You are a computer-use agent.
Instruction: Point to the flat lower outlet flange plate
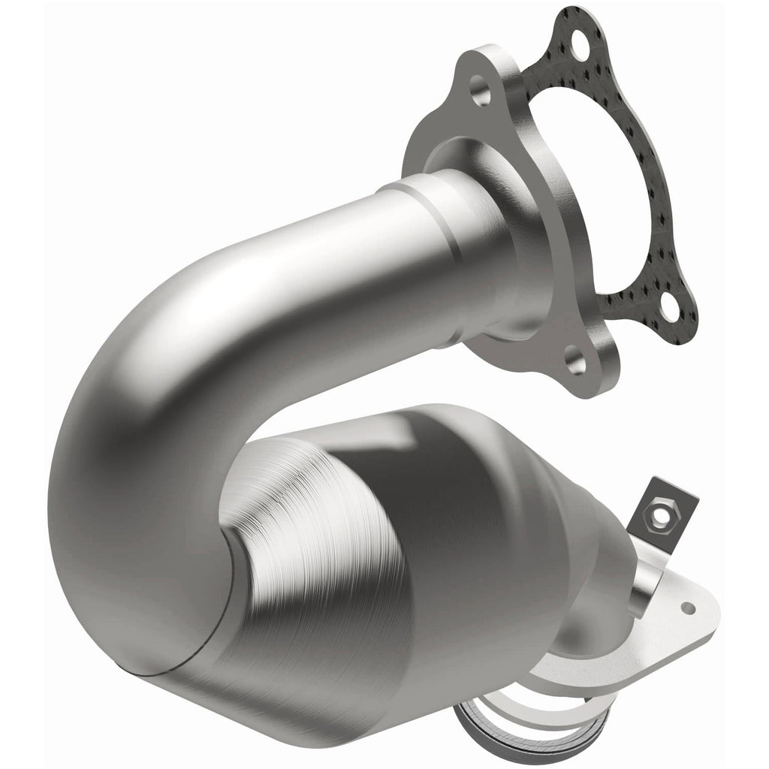click(668, 623)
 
